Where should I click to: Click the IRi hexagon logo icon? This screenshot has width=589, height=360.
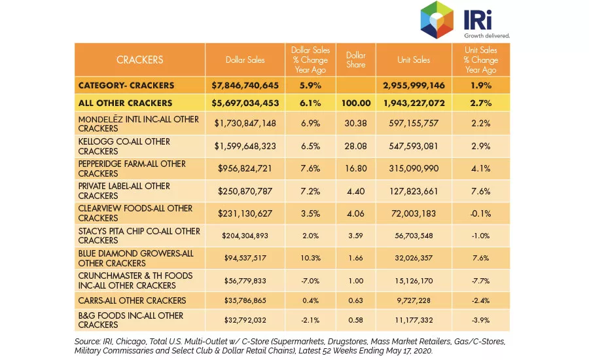(437, 20)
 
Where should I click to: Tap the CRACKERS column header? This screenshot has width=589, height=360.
(140, 60)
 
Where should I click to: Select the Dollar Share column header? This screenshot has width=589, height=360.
(356, 60)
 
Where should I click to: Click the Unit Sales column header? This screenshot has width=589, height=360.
(414, 60)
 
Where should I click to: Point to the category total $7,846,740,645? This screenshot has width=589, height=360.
(245, 86)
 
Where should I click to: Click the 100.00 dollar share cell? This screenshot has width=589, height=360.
(356, 103)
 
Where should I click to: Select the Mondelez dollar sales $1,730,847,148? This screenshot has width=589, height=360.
(245, 123)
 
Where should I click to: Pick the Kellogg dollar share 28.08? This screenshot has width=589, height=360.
(356, 146)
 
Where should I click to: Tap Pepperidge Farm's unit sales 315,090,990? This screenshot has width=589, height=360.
(414, 168)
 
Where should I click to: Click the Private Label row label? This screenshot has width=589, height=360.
(124, 191)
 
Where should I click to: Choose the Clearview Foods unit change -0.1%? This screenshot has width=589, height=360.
(481, 213)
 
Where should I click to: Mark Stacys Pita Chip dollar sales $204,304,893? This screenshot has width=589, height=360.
(245, 236)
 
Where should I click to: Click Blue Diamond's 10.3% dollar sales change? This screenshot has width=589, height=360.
(310, 258)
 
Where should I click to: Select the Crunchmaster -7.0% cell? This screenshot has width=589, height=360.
(310, 281)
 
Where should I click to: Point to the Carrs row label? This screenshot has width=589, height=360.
(132, 300)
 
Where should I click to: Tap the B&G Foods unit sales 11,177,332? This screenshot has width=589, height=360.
(414, 320)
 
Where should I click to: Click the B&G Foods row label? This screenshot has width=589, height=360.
(131, 320)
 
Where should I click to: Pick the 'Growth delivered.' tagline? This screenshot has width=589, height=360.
(487, 36)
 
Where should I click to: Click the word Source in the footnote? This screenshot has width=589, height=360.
(87, 342)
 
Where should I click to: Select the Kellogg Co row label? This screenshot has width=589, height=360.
(124, 146)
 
